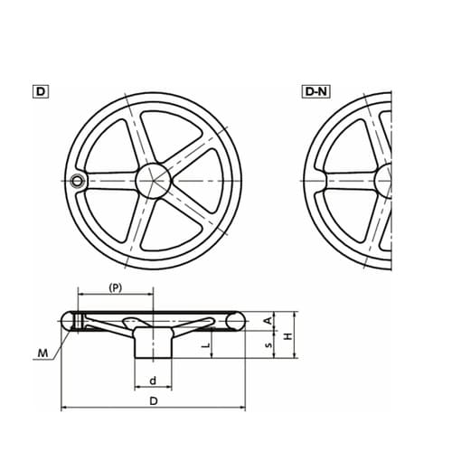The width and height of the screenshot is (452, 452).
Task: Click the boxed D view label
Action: (x=41, y=91)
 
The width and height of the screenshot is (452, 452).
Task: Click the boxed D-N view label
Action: (x=315, y=91)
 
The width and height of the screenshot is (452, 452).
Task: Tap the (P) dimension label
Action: (x=116, y=288)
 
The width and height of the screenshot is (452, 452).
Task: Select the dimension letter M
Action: (x=42, y=353)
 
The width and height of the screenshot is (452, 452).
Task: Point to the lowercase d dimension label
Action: (x=153, y=381)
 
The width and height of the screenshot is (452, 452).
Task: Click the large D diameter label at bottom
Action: (x=154, y=401)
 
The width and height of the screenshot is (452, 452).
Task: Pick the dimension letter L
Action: (x=206, y=344)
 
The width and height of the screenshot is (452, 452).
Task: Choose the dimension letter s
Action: (x=268, y=344)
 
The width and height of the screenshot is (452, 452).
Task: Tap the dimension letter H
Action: (x=288, y=336)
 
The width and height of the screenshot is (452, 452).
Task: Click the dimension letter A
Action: (x=268, y=320)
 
